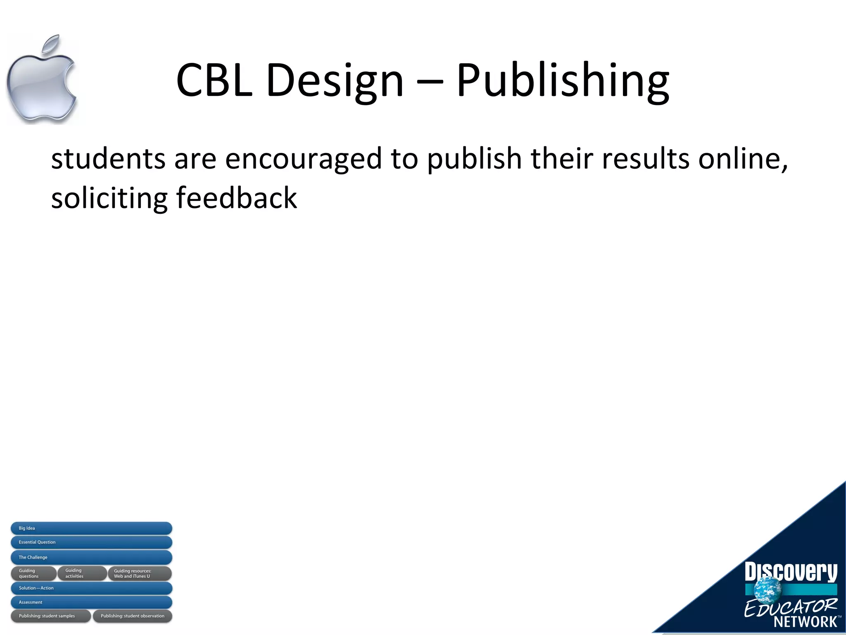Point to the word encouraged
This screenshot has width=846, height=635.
click(304, 159)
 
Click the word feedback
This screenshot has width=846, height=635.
click(236, 198)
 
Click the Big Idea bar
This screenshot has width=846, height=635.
click(91, 528)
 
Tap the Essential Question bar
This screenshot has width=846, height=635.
click(91, 542)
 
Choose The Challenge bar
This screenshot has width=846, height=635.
click(91, 557)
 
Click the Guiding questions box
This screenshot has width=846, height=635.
click(33, 573)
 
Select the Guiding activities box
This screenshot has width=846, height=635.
click(82, 573)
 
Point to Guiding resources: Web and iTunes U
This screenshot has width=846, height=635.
click(140, 573)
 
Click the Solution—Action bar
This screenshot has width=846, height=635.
click(91, 588)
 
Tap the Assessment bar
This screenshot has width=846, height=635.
click(91, 602)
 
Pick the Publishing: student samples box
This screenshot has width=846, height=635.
click(50, 616)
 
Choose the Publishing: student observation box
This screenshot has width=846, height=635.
click(132, 616)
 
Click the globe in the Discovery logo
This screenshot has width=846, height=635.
click(768, 589)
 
